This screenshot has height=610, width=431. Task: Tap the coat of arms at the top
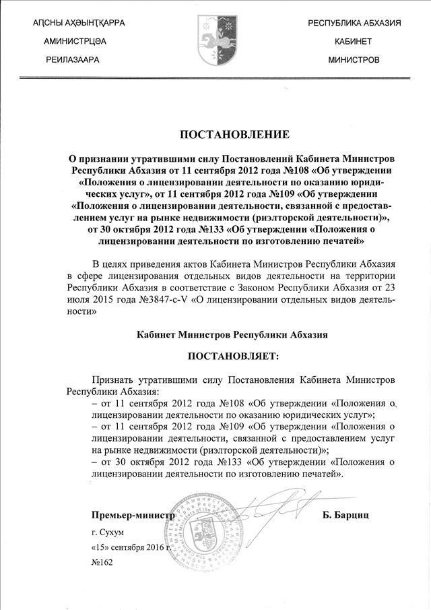(x=216, y=41)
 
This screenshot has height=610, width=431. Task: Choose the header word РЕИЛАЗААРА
(x=73, y=60)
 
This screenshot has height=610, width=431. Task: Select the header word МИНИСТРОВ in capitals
(x=354, y=60)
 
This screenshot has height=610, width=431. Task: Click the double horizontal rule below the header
(x=215, y=79)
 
